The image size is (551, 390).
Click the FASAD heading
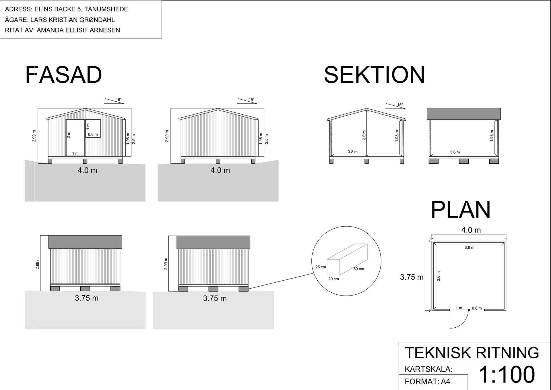tap(63, 75)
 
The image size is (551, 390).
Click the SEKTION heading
tap(374, 75)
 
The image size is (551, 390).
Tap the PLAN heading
tap(461, 210)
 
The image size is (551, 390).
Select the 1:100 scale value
tap(507, 374)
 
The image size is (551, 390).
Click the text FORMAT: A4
tap(427, 382)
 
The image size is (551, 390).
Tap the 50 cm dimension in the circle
tap(359, 269)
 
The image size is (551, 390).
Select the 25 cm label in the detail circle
tap(321, 267)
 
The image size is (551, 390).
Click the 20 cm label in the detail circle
tap(333, 279)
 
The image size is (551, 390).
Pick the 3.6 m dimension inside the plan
tap(438, 276)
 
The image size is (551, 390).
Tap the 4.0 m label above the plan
tap(471, 230)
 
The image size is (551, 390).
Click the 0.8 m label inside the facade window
tap(93, 134)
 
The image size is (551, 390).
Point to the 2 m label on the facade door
tap(69, 135)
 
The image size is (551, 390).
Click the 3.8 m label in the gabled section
tap(352, 152)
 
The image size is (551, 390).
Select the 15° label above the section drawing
tap(400, 105)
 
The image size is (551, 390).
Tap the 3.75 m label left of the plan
tap(412, 277)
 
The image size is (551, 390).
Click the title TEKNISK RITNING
tap(472, 353)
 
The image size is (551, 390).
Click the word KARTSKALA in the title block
tap(428, 369)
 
